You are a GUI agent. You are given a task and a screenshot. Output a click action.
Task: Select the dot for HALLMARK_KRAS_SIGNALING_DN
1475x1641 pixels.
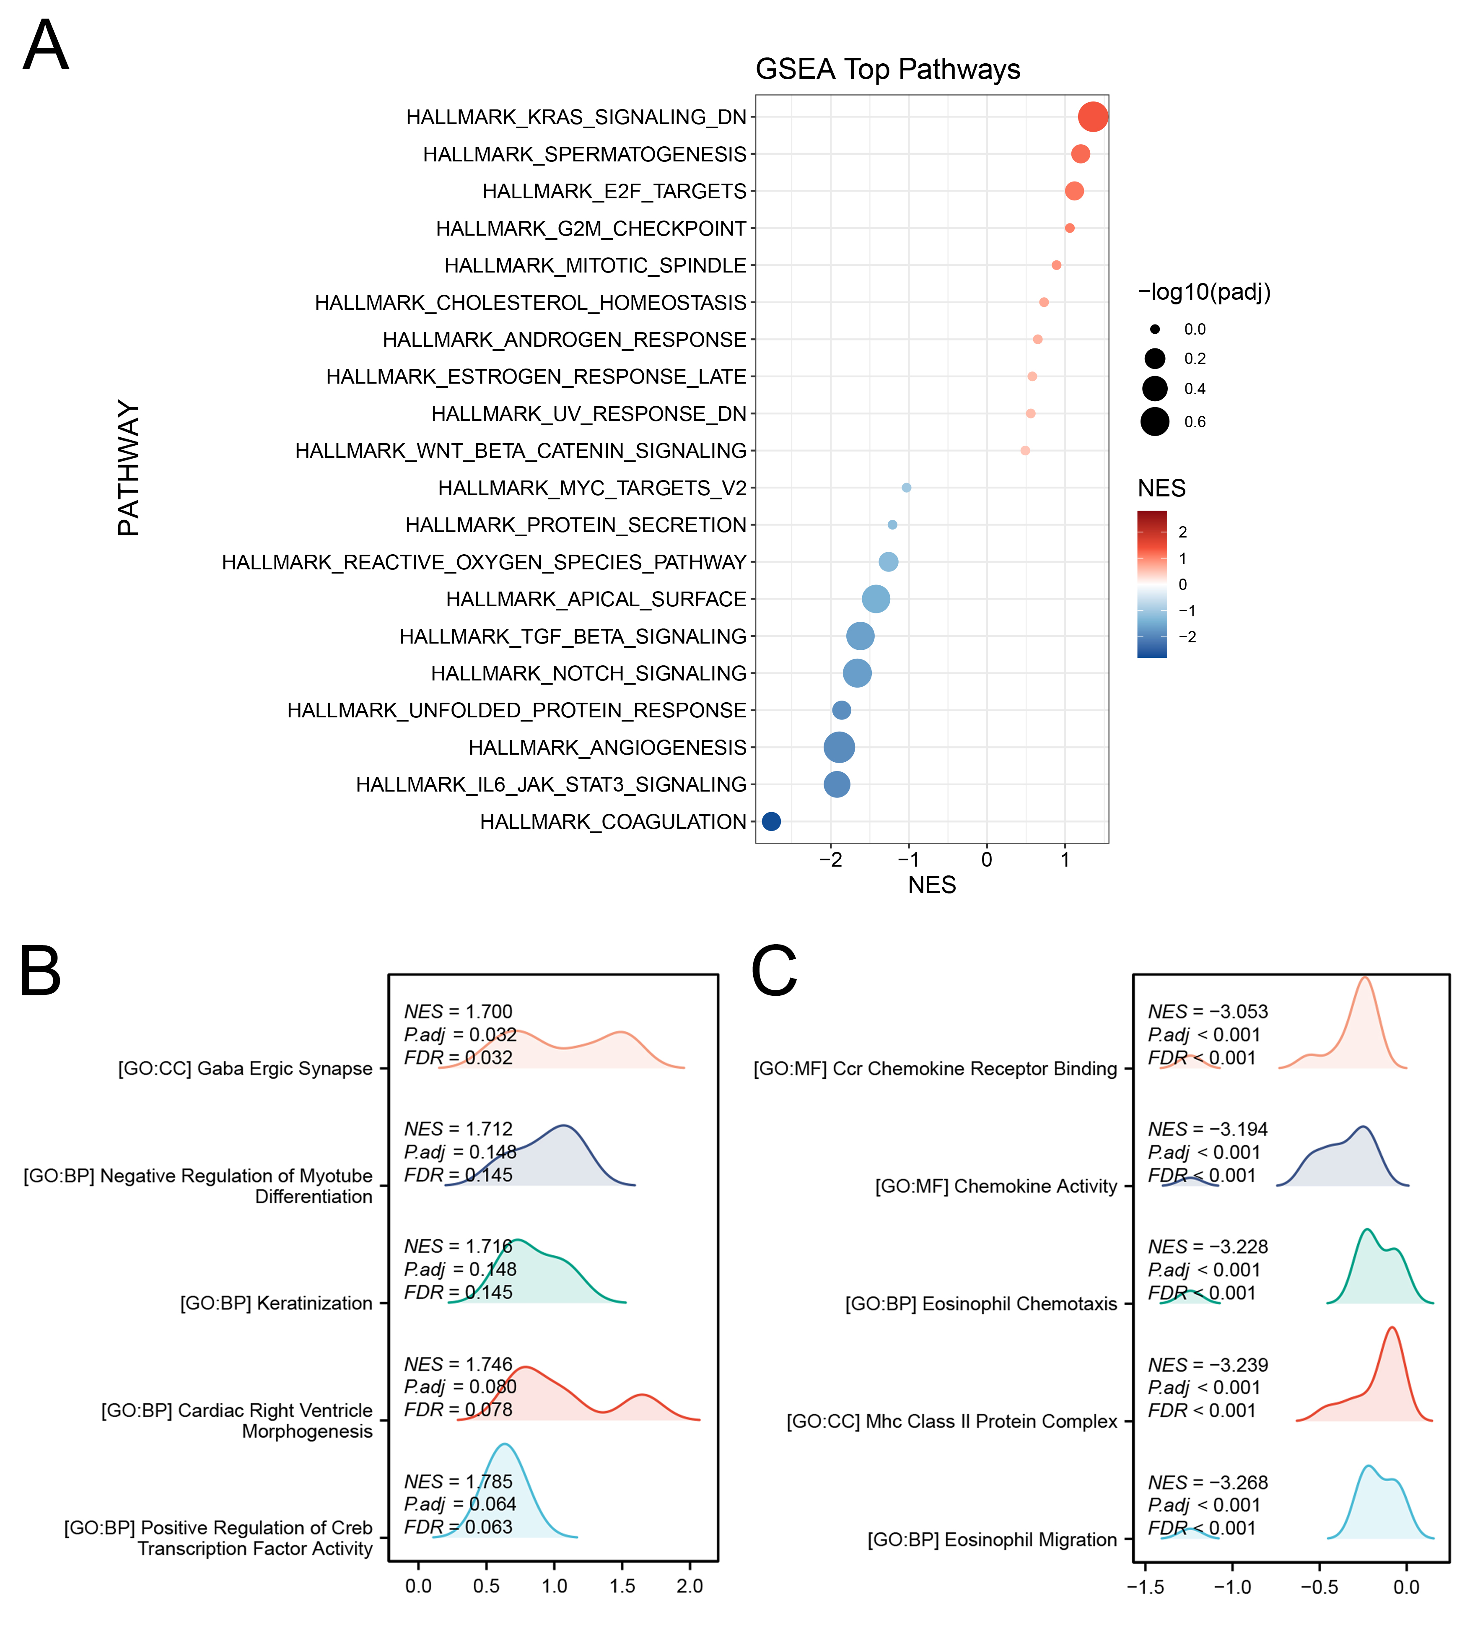coord(1092,117)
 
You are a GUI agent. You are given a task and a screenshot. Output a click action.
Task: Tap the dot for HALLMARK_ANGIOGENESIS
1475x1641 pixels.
coord(839,747)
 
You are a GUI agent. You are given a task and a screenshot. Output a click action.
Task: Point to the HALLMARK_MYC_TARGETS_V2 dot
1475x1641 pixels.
coord(906,487)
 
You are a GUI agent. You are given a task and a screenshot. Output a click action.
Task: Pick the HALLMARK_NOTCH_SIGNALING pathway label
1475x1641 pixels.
coord(588,673)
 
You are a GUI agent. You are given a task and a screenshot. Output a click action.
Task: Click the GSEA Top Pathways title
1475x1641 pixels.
coord(887,70)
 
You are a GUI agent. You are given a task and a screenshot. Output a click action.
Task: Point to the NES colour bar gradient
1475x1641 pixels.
coord(1152,584)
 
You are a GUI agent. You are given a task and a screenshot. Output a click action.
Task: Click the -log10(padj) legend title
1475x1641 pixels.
coord(1203,292)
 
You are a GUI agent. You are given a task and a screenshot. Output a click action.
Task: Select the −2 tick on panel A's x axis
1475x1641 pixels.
coord(831,859)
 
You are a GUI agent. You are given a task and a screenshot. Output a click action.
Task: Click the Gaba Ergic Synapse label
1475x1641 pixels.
coord(245,1069)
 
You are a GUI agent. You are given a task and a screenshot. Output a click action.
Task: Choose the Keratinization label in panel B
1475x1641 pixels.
coord(275,1303)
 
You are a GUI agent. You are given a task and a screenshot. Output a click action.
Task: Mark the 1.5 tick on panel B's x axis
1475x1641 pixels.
coord(622,1586)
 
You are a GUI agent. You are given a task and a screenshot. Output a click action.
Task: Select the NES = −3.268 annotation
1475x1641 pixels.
coord(1208,1482)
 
